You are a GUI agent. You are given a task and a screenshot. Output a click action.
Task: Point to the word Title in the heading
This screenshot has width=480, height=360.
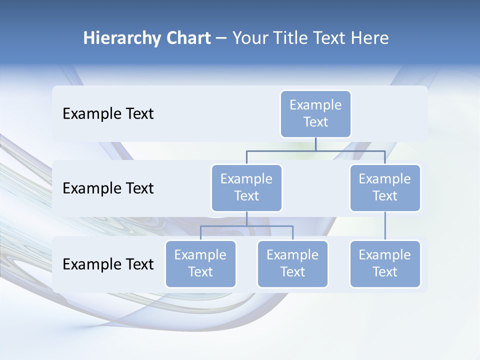click(x=291, y=38)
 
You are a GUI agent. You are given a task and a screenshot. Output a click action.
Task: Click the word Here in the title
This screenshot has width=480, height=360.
click(x=369, y=38)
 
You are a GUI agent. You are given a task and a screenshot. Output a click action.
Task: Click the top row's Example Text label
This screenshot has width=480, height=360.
click(x=108, y=114)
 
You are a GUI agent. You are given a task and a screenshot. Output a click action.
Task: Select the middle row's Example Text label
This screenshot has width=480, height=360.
click(x=108, y=188)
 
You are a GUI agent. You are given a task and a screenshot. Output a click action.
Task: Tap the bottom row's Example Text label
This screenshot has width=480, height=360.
click(x=108, y=264)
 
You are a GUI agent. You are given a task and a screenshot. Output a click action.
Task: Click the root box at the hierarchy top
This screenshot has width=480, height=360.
click(x=315, y=114)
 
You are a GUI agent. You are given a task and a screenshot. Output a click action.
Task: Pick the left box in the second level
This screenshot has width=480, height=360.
click(x=246, y=188)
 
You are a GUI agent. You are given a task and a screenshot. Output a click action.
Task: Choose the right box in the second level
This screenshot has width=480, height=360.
click(x=385, y=188)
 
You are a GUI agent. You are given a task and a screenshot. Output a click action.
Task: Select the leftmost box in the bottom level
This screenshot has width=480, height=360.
click(x=200, y=264)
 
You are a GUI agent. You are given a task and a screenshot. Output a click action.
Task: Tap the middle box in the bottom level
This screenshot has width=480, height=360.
click(x=292, y=264)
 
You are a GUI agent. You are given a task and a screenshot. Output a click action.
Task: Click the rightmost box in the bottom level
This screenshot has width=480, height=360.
click(x=385, y=264)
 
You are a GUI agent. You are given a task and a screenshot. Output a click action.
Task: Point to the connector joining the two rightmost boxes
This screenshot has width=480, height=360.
click(x=385, y=226)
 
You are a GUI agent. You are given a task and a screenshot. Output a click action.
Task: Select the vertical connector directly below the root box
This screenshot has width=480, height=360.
click(x=315, y=144)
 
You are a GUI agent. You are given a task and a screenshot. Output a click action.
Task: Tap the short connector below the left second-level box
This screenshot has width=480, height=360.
click(x=246, y=218)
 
